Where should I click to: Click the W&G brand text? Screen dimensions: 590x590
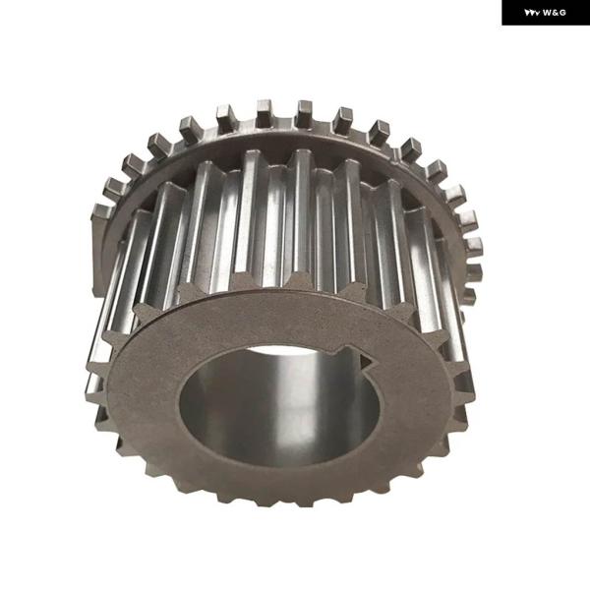[555, 13]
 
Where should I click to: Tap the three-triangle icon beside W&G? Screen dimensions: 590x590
[532, 13]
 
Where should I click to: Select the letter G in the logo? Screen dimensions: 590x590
[562, 13]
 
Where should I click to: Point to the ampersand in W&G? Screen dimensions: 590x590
[556, 13]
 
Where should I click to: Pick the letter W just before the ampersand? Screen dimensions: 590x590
[548, 13]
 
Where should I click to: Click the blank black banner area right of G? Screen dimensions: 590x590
[577, 13]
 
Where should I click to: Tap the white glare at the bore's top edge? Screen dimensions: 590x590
[282, 351]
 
